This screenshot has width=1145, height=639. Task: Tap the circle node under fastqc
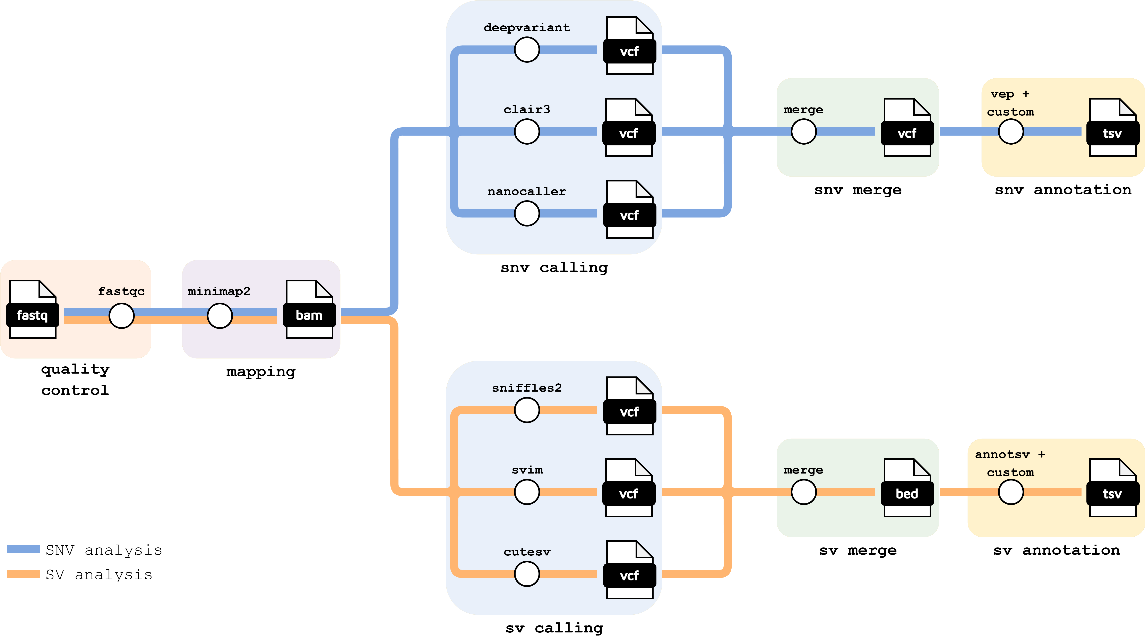pyautogui.click(x=121, y=316)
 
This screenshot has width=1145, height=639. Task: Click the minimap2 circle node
pyautogui.click(x=219, y=316)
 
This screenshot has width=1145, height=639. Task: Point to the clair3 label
pyautogui.click(x=527, y=109)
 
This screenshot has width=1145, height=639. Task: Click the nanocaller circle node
pyautogui.click(x=527, y=213)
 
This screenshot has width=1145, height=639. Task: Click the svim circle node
pyautogui.click(x=527, y=492)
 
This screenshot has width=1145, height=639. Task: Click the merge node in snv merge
pyautogui.click(x=804, y=132)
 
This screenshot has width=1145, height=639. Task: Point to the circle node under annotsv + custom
pyautogui.click(x=1011, y=492)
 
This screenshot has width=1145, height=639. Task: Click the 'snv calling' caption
pyautogui.click(x=554, y=268)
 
